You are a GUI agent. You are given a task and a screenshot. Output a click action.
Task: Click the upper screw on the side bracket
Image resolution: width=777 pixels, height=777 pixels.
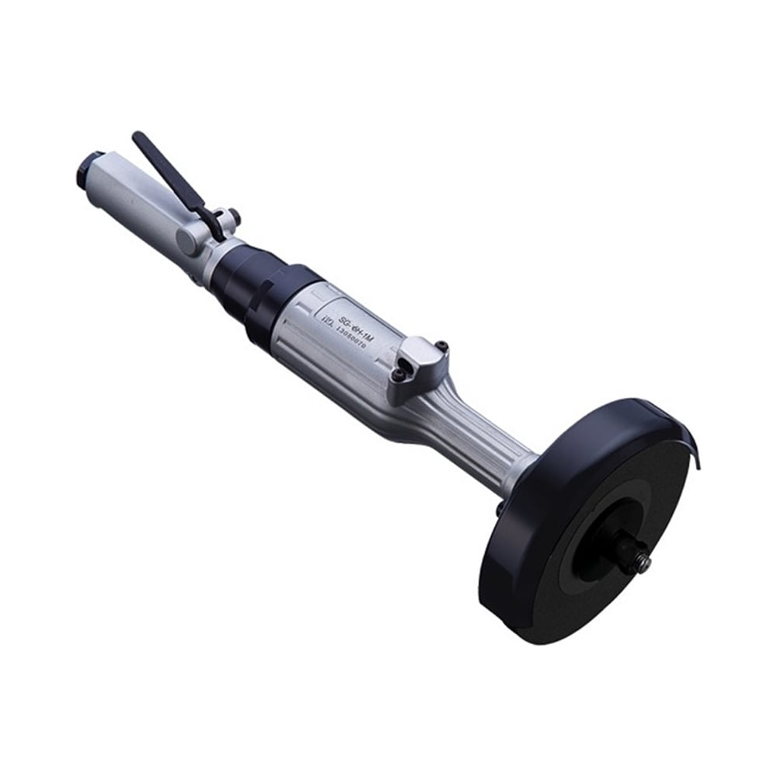[441, 345]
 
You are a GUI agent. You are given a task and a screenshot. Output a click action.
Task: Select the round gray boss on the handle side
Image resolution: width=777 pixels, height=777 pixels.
[186, 241]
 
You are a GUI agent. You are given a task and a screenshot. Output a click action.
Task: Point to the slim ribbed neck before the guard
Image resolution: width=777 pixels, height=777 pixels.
[482, 451]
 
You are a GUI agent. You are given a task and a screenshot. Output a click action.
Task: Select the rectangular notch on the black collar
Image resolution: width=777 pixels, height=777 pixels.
[264, 311]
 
